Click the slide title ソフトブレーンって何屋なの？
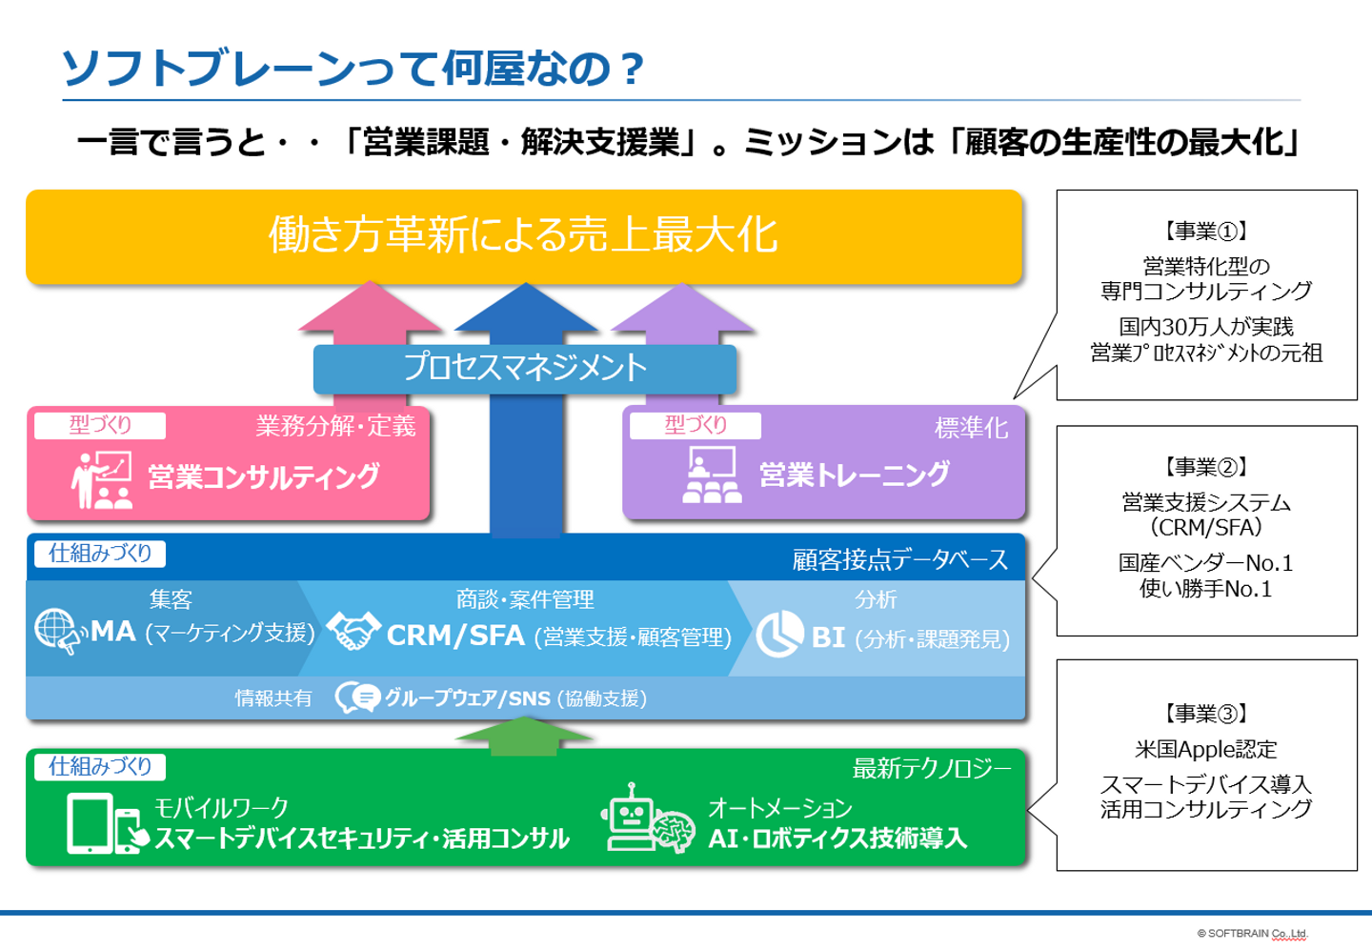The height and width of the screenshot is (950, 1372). (x=353, y=68)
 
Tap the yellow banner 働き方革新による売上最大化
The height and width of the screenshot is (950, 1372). (x=524, y=236)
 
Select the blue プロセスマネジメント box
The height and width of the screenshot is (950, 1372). (x=524, y=369)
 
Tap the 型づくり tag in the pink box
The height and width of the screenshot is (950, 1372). (x=100, y=425)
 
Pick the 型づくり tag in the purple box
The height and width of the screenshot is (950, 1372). (x=696, y=425)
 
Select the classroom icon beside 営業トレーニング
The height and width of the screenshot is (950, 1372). (x=712, y=475)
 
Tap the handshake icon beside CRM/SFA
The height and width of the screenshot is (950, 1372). (x=353, y=630)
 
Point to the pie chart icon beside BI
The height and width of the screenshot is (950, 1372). (x=779, y=634)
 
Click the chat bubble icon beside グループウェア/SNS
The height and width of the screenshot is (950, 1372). (x=357, y=697)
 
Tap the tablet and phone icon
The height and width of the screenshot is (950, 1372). (x=107, y=823)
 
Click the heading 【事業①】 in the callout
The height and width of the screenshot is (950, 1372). (x=1206, y=231)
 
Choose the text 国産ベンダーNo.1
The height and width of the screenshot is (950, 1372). (x=1205, y=562)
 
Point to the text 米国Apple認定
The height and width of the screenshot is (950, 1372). (x=1205, y=749)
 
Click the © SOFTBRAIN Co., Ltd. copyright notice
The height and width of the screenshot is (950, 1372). (x=1252, y=933)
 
